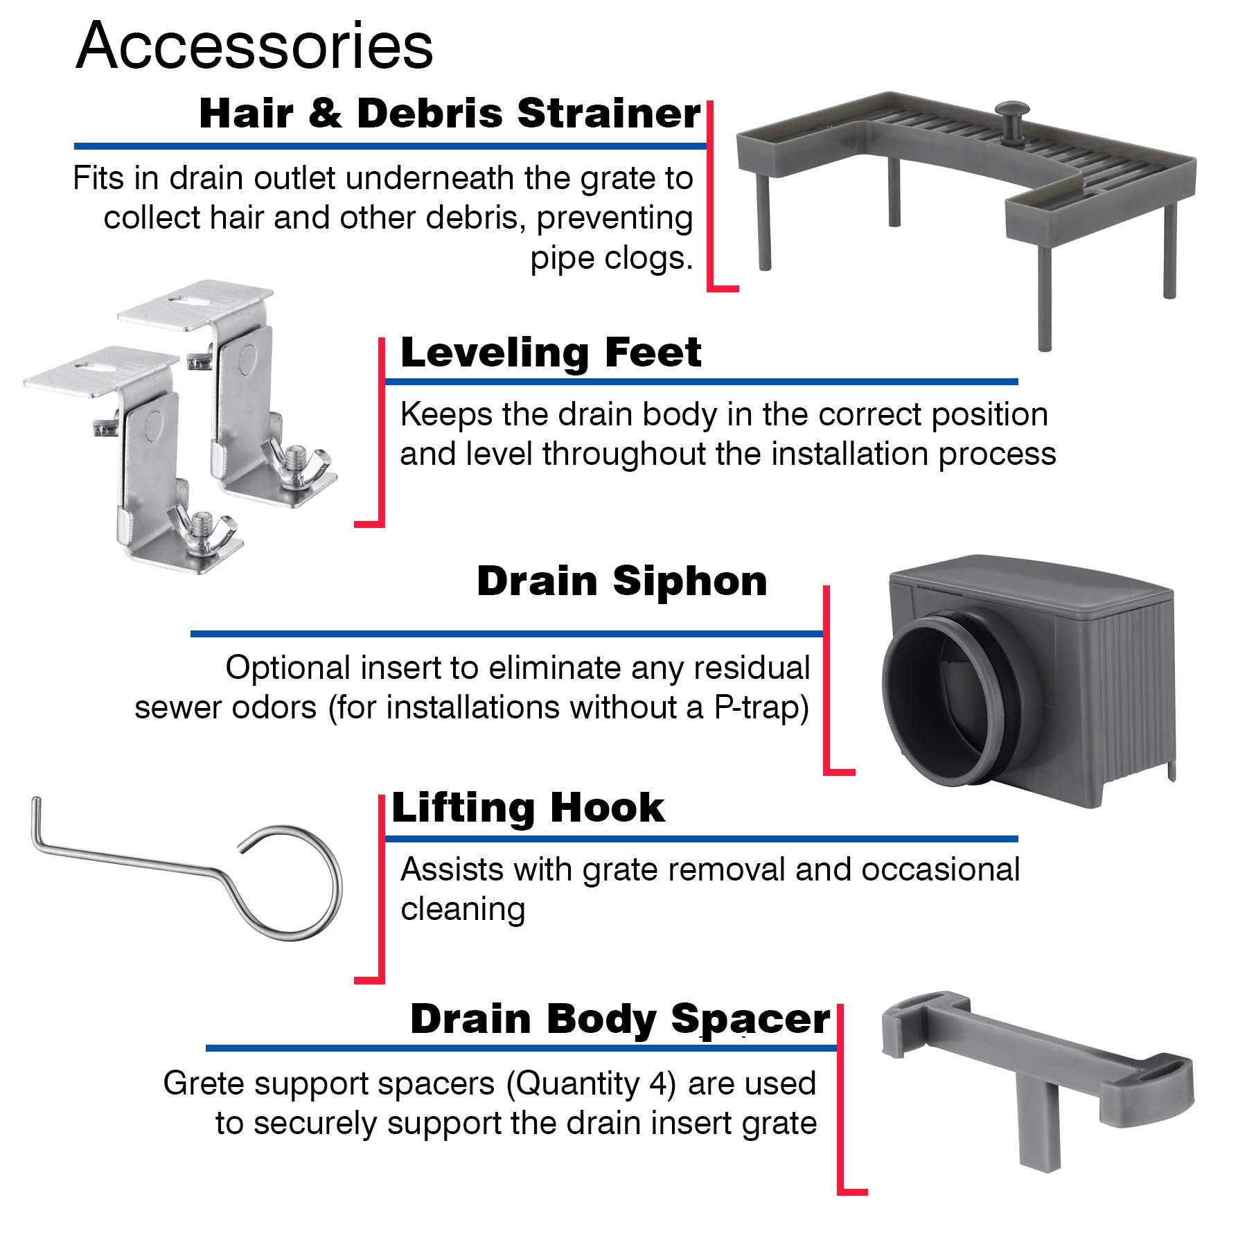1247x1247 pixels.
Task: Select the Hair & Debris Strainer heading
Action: point(450,114)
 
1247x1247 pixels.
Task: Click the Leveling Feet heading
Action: point(551,353)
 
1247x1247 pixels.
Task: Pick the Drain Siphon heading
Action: point(621,581)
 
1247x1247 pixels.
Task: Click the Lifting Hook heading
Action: point(528,808)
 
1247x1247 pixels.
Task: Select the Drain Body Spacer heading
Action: point(619,1019)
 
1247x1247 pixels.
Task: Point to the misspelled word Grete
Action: point(202,1084)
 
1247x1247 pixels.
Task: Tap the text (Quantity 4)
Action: point(591,1084)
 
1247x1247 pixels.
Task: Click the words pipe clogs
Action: point(612,258)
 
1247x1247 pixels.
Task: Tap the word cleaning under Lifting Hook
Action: point(463,909)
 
